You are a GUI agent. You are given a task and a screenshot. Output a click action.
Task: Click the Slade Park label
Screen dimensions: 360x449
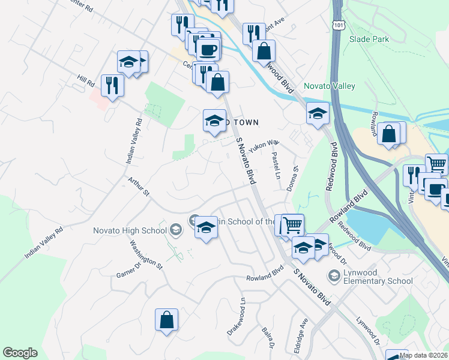369,40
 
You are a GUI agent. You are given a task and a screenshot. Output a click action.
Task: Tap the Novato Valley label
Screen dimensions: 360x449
330,86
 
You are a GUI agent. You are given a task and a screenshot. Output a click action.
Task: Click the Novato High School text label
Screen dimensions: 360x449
129,230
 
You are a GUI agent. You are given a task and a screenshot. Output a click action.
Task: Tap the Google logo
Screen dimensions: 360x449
20,353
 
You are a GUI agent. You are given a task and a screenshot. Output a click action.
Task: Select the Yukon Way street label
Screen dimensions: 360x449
265,145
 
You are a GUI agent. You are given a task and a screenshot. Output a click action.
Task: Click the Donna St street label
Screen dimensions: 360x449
295,177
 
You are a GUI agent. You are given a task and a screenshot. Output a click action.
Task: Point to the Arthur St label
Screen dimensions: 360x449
138,186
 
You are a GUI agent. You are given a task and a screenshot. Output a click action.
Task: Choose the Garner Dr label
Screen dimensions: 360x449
129,268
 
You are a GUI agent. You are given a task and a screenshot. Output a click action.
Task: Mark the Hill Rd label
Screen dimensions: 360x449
86,80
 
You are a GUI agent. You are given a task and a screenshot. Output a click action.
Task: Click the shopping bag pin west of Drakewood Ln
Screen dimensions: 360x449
167,320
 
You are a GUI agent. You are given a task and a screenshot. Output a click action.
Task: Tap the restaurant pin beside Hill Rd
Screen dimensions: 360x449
112,85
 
